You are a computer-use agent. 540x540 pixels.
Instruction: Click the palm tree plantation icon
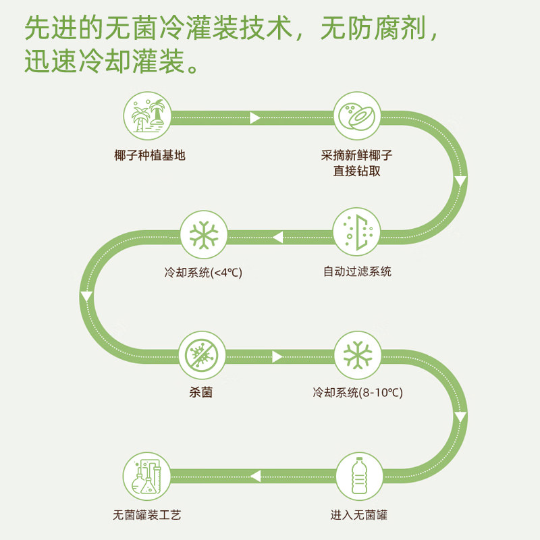pos(147,115)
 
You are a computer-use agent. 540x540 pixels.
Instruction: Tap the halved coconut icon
pos(357,115)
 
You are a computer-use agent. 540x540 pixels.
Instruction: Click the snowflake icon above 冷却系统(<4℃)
pos(204,235)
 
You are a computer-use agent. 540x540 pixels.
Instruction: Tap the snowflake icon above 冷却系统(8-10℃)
pos(357,354)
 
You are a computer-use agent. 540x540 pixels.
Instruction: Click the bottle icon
pos(357,475)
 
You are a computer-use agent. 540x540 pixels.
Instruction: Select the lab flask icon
pos(147,475)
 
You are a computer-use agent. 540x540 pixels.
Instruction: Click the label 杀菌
pos(202,392)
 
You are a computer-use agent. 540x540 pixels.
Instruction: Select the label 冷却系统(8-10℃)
pos(358,392)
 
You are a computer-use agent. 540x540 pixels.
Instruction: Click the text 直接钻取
pos(357,171)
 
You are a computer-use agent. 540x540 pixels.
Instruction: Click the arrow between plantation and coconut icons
pos(255,117)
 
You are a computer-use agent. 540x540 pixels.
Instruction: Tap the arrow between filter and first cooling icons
pos(277,237)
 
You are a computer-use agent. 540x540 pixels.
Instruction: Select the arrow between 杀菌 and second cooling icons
pos(277,356)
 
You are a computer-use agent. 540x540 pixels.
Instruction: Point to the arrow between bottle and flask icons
pos(255,476)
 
